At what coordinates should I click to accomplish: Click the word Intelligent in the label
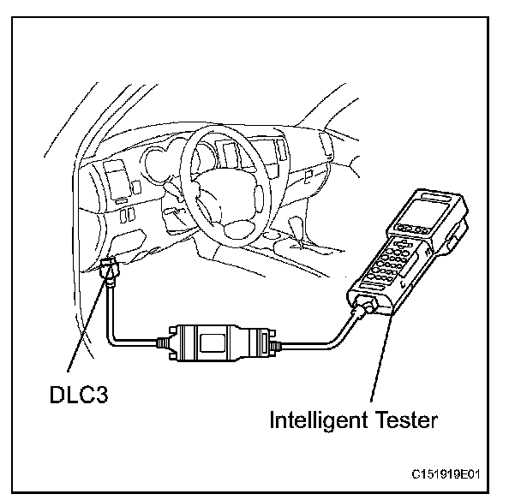[x=313, y=420]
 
